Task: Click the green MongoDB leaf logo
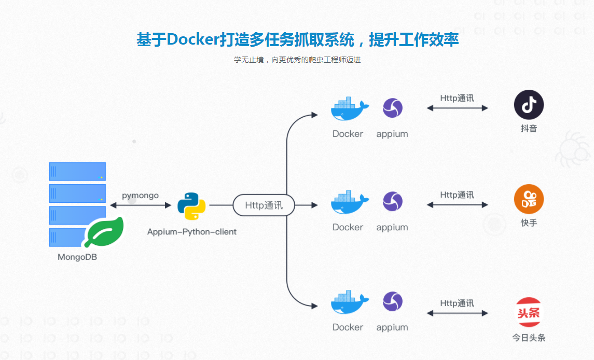(104, 232)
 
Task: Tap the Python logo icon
(191, 206)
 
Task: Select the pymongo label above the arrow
(140, 196)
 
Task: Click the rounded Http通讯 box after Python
(264, 205)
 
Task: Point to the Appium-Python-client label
(191, 232)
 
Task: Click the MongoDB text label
(77, 257)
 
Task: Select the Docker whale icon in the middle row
(349, 202)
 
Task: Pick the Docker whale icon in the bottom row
(349, 302)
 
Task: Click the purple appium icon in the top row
(392, 108)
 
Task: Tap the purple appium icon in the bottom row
(392, 302)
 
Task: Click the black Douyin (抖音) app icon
(529, 105)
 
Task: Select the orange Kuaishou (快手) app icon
(529, 199)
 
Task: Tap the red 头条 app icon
(529, 312)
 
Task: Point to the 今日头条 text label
(529, 338)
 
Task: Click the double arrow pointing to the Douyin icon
(457, 108)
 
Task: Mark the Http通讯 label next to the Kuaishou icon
(457, 195)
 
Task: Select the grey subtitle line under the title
(297, 60)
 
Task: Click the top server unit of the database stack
(77, 171)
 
